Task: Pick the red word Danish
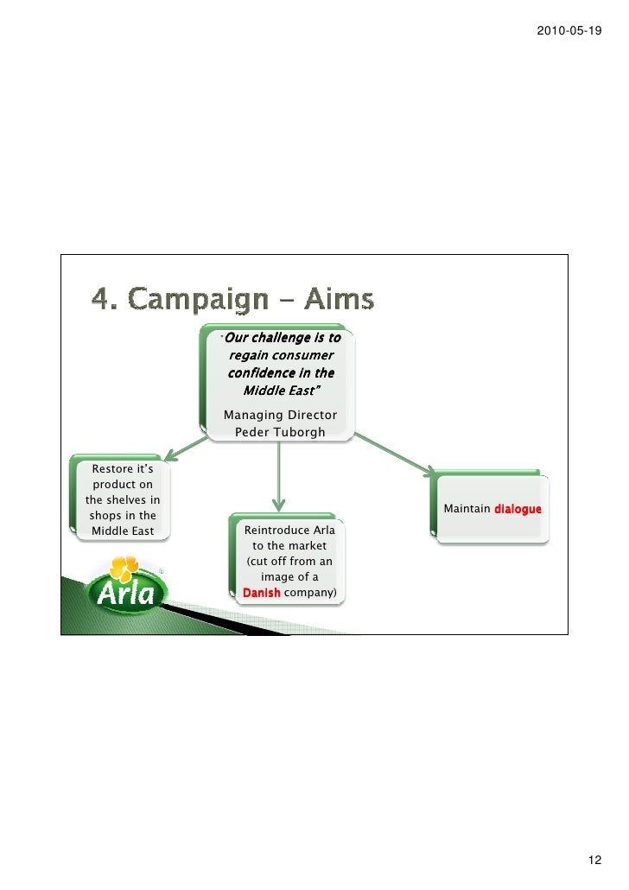[x=262, y=594]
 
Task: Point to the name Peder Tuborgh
[x=281, y=430]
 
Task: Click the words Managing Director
[x=281, y=415]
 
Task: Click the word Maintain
[x=467, y=509]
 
